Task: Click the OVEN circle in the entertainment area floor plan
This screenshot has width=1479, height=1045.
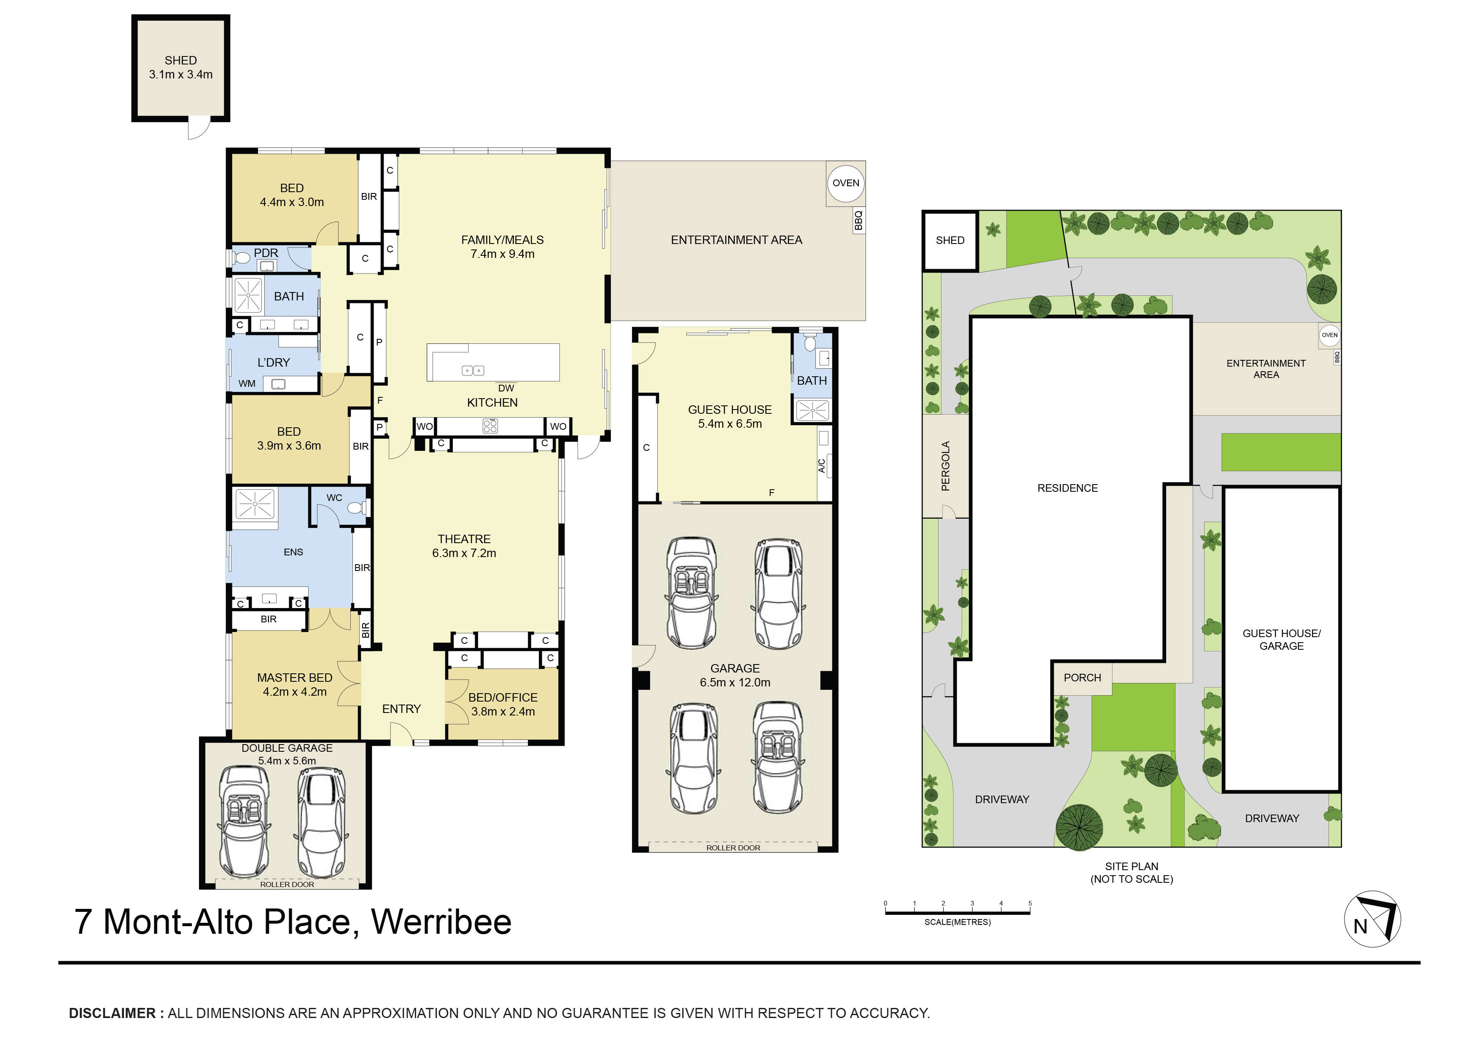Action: [x=845, y=183]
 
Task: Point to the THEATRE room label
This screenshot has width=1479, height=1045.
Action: [x=464, y=539]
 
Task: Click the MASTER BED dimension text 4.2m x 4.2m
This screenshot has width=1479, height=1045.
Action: [x=294, y=692]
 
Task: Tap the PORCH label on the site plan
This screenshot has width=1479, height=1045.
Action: [x=1082, y=678]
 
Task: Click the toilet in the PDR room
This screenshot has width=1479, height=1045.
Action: [x=242, y=258]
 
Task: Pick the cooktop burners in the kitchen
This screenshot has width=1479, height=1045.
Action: [x=490, y=426]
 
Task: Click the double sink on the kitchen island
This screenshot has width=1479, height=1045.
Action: [x=473, y=371]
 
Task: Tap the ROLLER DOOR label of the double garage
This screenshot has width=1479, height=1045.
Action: [x=287, y=885]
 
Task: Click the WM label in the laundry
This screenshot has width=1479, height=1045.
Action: [x=247, y=384]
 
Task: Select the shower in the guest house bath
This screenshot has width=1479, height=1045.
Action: [x=812, y=410]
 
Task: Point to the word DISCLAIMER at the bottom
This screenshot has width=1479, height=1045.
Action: [x=112, y=1013]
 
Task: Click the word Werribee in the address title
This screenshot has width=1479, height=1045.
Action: [x=441, y=922]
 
